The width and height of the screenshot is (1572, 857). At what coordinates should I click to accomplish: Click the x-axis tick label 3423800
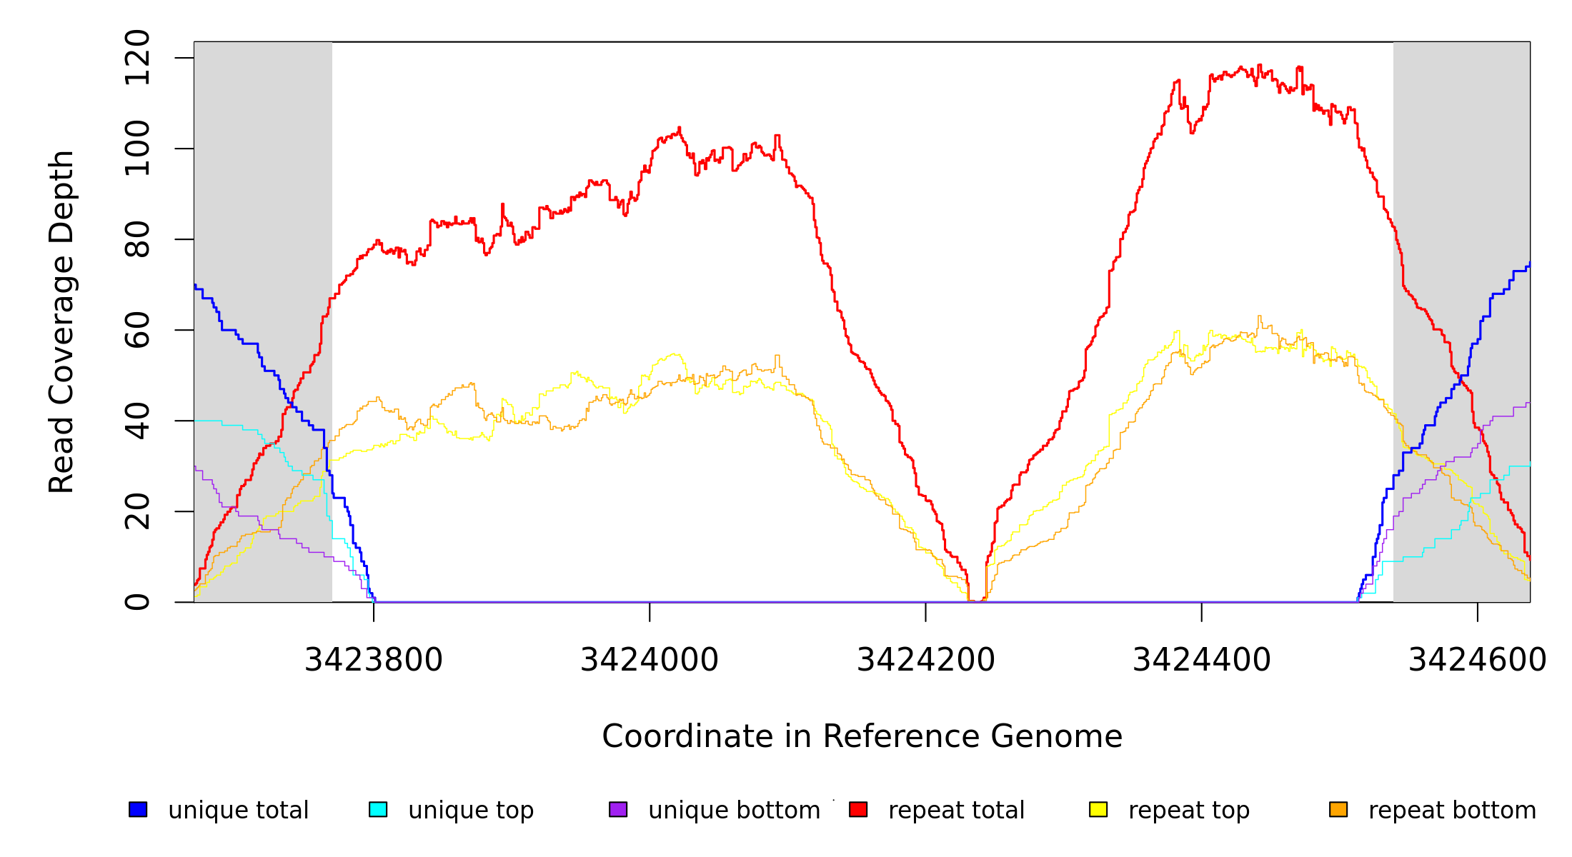coord(373,660)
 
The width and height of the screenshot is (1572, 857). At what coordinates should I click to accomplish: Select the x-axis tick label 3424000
coord(649,660)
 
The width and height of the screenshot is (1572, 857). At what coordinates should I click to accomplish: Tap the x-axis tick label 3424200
coord(925,660)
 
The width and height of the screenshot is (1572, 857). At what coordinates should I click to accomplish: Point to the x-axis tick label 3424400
coord(1201,660)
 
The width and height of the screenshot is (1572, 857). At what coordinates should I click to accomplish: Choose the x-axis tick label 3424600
coord(1477,660)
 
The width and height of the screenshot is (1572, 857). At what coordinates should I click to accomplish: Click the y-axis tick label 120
coord(137,58)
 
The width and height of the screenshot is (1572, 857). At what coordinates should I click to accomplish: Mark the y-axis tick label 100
coord(137,149)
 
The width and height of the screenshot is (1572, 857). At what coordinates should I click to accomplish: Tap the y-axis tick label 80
coord(137,239)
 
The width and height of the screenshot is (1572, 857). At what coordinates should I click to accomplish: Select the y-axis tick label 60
coord(137,330)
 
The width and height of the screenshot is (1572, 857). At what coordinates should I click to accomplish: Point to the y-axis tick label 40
coord(137,421)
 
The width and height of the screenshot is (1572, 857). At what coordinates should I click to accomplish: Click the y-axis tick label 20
coord(137,511)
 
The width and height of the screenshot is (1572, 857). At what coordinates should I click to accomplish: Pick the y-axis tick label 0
coord(137,602)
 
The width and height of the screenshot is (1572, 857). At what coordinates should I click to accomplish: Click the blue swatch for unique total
coord(138,809)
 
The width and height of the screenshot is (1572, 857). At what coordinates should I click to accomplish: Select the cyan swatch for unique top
coord(378,809)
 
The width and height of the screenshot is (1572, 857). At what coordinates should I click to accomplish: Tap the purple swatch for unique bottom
coord(618,809)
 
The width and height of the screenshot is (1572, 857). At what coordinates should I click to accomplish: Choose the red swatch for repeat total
coord(858,809)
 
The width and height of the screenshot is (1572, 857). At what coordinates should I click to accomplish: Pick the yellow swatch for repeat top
coord(1098,809)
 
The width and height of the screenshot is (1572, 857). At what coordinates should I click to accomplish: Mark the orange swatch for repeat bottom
coord(1338,809)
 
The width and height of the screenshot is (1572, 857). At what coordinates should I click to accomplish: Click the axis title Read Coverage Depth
coord(61,321)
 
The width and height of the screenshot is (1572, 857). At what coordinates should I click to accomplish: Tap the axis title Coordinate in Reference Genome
coord(862,736)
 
